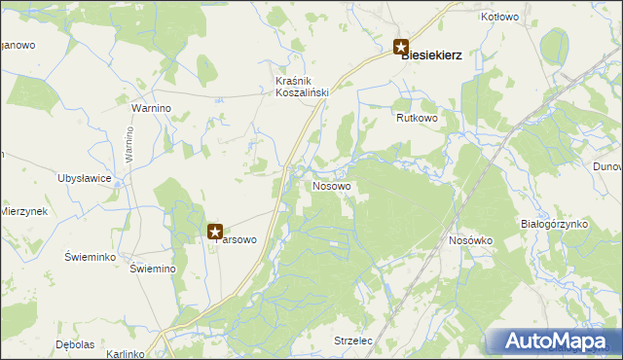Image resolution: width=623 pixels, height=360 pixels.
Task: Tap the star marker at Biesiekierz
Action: (400, 46)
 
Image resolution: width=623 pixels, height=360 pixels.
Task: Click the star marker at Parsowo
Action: (215, 232)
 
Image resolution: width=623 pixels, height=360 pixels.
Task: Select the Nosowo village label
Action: (332, 185)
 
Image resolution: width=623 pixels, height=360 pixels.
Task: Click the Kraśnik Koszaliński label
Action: (302, 86)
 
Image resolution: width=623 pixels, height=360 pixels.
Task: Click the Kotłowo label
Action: (500, 18)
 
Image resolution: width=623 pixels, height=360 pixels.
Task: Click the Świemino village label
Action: (152, 270)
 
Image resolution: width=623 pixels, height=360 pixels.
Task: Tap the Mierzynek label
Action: (23, 211)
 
